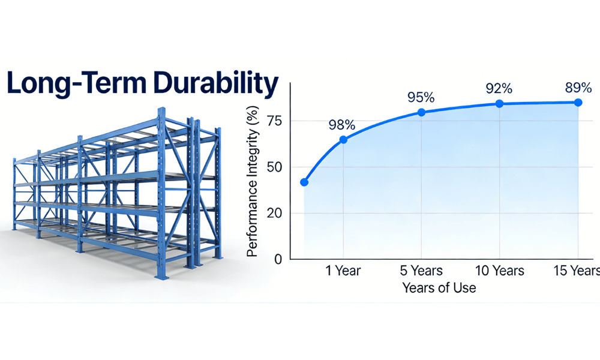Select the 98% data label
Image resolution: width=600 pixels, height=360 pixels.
(x=342, y=125)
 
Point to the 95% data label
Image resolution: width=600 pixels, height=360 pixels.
(x=421, y=97)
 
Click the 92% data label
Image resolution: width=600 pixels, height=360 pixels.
(x=499, y=89)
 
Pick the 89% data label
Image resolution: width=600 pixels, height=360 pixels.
(x=578, y=88)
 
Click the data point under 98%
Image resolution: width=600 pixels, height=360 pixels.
(x=343, y=140)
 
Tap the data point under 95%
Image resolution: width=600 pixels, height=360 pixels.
(x=421, y=112)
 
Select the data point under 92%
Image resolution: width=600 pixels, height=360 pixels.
(x=499, y=104)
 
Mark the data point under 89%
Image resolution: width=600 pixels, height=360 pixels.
(x=578, y=103)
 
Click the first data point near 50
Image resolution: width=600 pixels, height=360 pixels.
(x=304, y=182)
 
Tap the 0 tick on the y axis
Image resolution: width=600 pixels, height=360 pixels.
(x=277, y=259)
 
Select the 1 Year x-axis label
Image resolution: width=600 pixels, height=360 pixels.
(x=343, y=271)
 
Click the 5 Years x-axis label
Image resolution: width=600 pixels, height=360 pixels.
(x=421, y=271)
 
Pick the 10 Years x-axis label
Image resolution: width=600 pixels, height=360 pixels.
(x=499, y=271)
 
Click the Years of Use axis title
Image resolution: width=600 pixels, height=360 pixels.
(x=439, y=288)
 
